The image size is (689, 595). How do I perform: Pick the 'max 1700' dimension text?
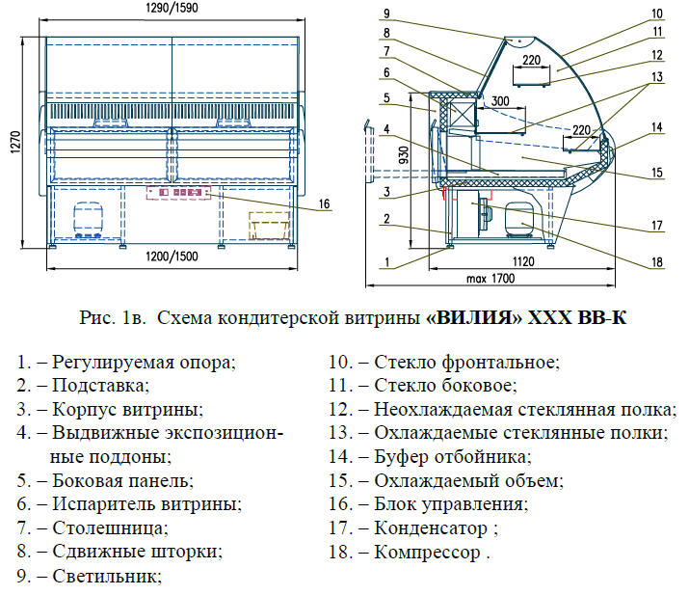coord(489,279)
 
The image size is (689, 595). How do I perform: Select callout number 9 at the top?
coord(384,13)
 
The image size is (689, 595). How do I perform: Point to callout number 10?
coord(656,14)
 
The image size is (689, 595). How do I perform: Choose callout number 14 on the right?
coord(656,126)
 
